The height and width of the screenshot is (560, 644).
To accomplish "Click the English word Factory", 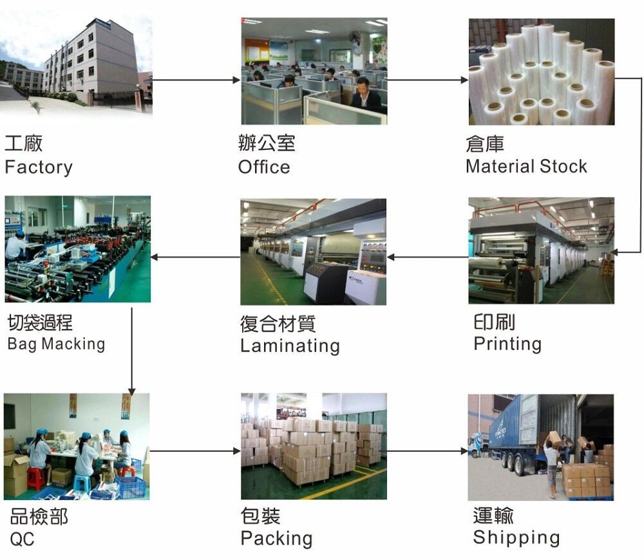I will click(x=38, y=167).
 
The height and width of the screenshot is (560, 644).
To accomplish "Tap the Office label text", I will click(x=264, y=167).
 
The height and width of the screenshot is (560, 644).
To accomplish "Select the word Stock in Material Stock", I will click(x=563, y=167).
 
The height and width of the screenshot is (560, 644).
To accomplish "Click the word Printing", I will click(x=507, y=344).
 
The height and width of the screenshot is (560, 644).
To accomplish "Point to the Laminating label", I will click(x=290, y=346).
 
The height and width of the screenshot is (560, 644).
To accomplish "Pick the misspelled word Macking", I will click(x=73, y=344).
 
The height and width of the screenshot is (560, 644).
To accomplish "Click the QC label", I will click(x=22, y=539).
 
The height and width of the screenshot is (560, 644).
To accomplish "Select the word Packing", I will click(x=276, y=538).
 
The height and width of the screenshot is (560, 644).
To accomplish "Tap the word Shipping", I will click(x=516, y=537).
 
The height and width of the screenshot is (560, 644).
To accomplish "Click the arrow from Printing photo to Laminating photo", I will click(x=428, y=257).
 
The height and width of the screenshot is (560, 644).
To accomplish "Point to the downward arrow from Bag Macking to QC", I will click(x=131, y=351).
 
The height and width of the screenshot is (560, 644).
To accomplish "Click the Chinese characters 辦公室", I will click(x=267, y=143).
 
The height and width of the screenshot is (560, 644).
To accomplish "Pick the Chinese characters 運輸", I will click(x=493, y=515).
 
